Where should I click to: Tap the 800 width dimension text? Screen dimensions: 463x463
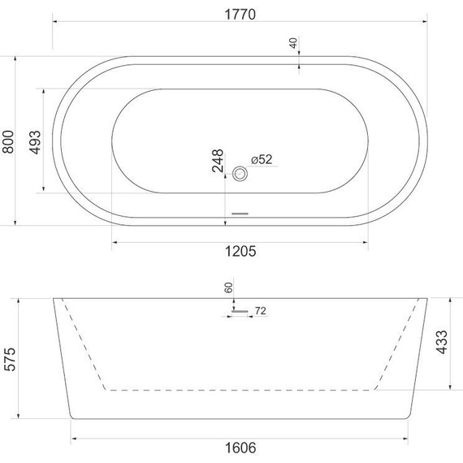point(8,141)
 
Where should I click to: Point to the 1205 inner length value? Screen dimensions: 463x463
point(240,252)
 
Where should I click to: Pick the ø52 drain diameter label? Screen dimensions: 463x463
point(261,160)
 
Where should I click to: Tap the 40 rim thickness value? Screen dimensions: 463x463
point(293,43)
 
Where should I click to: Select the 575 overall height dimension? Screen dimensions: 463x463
point(8,358)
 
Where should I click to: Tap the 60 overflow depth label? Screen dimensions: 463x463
point(229,287)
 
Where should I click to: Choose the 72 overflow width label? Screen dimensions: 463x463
point(262,311)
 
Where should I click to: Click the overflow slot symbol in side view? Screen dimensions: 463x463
point(240,310)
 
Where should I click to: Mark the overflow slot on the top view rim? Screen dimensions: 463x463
point(240,214)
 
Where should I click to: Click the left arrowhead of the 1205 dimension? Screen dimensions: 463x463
point(115,241)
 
